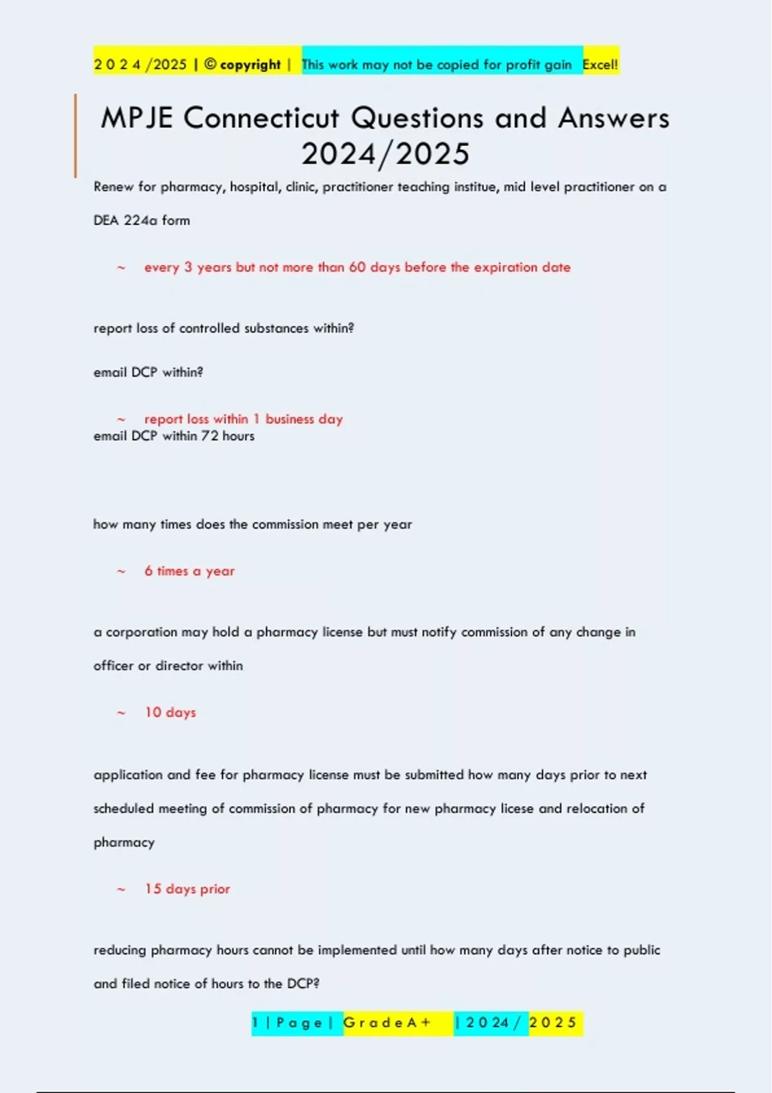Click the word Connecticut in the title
[x=261, y=118]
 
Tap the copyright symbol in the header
[x=210, y=64]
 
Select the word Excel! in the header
[x=600, y=64]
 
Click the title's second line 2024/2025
[x=385, y=154]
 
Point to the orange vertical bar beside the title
[x=75, y=135]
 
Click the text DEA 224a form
[x=142, y=221]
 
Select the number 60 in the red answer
[x=357, y=267]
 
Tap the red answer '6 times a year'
[x=189, y=571]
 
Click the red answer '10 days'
[x=170, y=712]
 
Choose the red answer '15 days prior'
[x=187, y=889]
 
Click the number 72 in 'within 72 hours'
[x=210, y=436]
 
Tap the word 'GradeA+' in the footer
[x=387, y=1023]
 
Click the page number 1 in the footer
[x=255, y=1023]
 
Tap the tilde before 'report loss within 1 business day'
[x=121, y=419]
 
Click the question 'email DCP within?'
[x=148, y=372]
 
